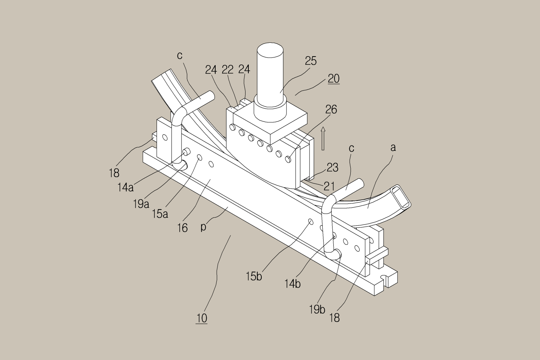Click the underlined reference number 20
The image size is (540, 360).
[334, 78]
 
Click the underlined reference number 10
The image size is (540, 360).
[202, 318]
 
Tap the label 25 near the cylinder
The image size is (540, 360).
[311, 61]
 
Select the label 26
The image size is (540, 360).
[331, 109]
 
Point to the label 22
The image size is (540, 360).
[228, 69]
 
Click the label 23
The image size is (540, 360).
[332, 167]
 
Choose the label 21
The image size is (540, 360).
[329, 186]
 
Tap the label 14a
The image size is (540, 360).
[125, 187]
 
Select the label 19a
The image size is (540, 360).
[141, 204]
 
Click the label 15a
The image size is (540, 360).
[160, 214]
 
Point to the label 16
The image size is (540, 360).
[183, 228]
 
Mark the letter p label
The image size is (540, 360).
[203, 227]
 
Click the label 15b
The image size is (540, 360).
[254, 276]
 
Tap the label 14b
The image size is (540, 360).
[292, 284]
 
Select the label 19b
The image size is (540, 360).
[317, 309]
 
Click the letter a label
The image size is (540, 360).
[393, 147]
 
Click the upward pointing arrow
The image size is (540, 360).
[323, 138]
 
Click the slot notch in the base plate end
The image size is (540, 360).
[385, 278]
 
